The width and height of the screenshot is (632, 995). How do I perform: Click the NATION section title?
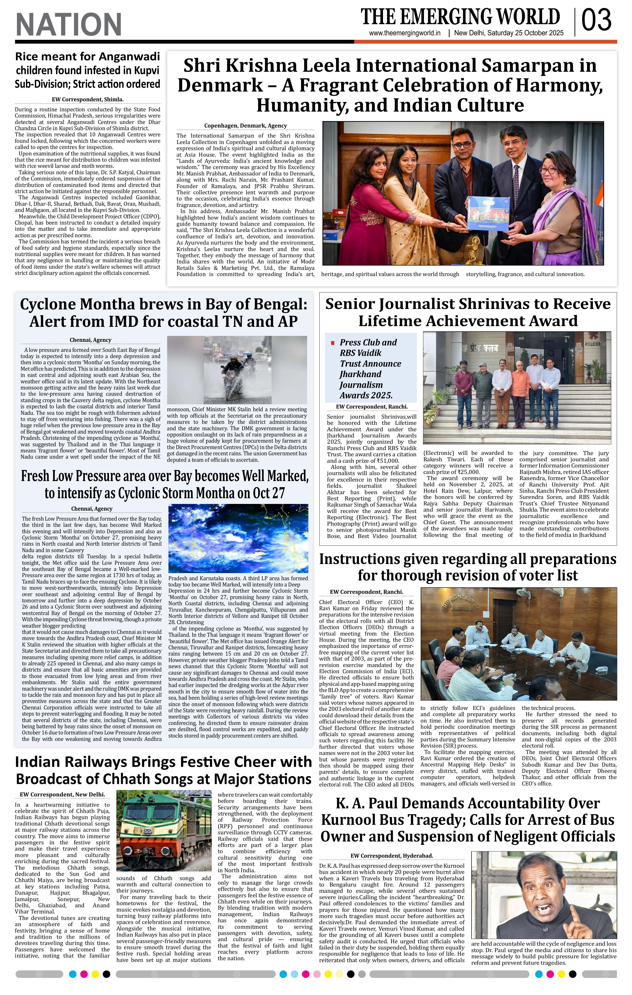click(69, 24)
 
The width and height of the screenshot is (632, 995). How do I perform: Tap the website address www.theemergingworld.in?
click(405, 33)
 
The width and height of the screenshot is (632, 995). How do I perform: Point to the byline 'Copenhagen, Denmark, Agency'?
click(245, 126)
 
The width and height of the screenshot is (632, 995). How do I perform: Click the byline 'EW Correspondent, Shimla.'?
click(88, 99)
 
